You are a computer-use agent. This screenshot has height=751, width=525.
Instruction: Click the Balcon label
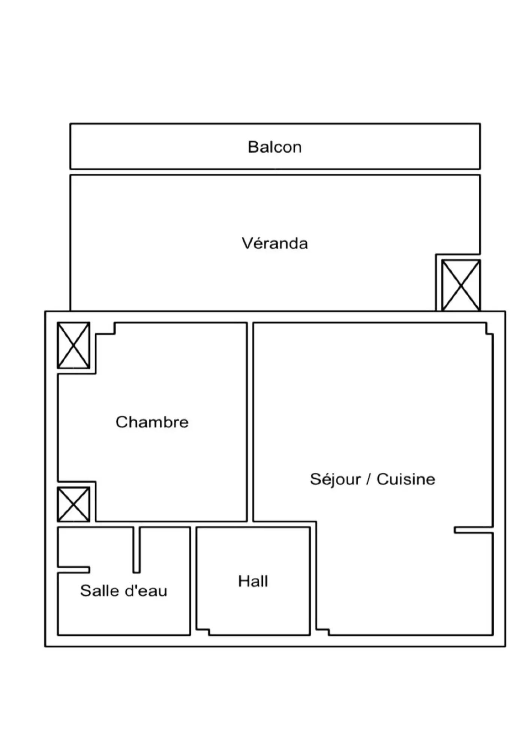point(274,147)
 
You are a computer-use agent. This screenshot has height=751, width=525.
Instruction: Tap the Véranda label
point(275,243)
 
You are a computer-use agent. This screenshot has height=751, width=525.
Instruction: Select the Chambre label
point(152,422)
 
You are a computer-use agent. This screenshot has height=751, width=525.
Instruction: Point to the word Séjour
point(335,479)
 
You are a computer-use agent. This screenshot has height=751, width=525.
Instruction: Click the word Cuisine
point(406,479)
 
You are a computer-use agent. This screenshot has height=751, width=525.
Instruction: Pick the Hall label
point(253,581)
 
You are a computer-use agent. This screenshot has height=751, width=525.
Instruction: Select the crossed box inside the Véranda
point(460,285)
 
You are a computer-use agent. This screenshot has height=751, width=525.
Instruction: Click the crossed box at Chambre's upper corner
point(73,345)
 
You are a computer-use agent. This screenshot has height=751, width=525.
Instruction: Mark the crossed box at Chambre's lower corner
point(73,504)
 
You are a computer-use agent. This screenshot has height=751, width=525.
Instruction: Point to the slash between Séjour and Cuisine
point(369,479)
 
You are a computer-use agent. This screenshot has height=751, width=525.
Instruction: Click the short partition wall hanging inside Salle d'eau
point(137,550)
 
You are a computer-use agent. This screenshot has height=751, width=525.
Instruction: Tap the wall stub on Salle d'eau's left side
point(74,570)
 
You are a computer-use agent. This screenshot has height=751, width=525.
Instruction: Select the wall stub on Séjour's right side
point(473,530)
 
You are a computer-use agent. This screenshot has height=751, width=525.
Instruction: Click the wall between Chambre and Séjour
point(250,422)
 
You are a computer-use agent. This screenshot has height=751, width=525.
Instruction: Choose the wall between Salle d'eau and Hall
point(193,581)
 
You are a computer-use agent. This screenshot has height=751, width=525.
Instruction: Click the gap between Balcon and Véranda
point(275,172)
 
